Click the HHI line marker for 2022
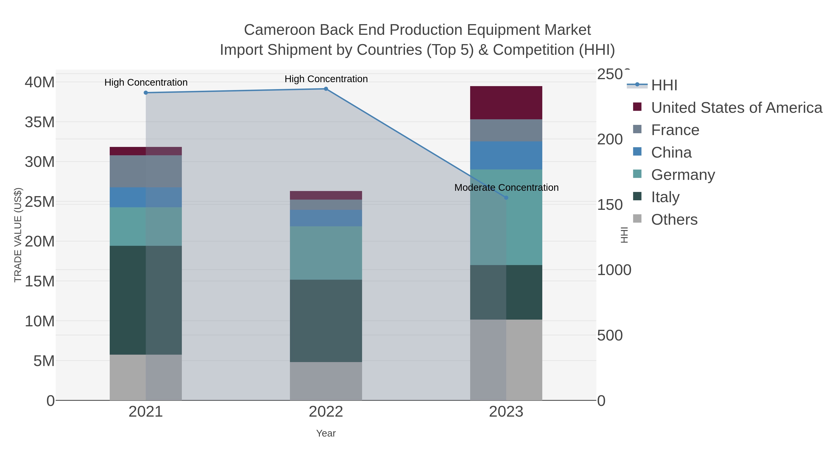coord(326,89)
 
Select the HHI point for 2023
coord(506,198)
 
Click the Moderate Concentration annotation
coord(506,188)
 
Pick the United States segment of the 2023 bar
coord(506,103)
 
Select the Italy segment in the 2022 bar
coord(326,321)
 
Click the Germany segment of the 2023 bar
coord(506,217)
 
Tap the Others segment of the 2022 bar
coord(326,381)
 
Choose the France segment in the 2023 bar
coord(506,130)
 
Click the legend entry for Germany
coord(683,175)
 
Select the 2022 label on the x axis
coord(326,412)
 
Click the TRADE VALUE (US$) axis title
coord(18,235)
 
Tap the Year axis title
coord(326,433)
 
